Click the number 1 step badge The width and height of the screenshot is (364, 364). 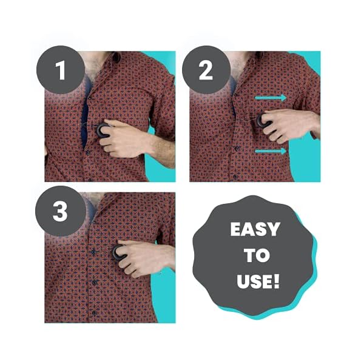coord(61,70)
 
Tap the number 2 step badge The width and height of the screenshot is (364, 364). coord(206,70)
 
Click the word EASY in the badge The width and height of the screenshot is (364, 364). coord(255,230)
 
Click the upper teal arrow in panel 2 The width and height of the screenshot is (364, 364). coord(271,96)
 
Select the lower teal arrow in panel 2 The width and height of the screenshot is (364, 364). coord(271,151)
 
